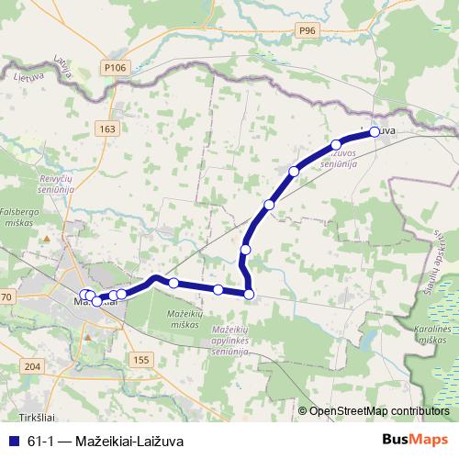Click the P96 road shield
point(307,30)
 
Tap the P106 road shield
point(114,67)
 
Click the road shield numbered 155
point(140,360)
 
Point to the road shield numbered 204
point(34,366)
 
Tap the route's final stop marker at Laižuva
point(375,132)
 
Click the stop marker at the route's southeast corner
point(249,294)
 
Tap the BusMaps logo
point(415,439)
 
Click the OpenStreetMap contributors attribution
point(379,410)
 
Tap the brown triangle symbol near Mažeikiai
point(46,238)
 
